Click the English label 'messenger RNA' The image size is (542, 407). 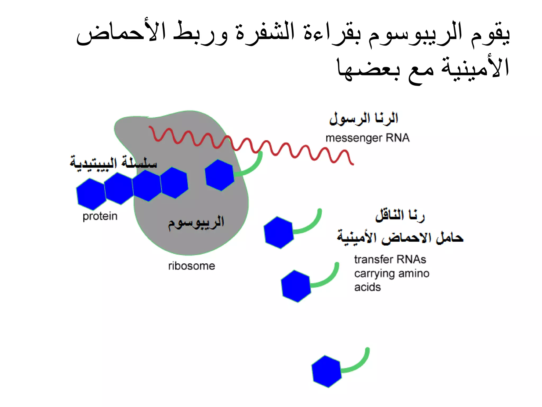pos(367,138)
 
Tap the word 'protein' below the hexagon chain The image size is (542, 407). pos(100,216)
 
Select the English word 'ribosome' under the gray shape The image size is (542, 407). pos(192,266)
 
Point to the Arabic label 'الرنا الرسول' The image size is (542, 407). pos(364,118)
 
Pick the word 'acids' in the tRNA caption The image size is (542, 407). pos(367,287)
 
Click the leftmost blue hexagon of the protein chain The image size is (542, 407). pos(91,194)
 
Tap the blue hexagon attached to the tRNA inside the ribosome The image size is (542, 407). pos(219,175)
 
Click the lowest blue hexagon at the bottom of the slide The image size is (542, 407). pos(326,371)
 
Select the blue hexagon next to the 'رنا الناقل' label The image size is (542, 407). pos(279,232)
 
